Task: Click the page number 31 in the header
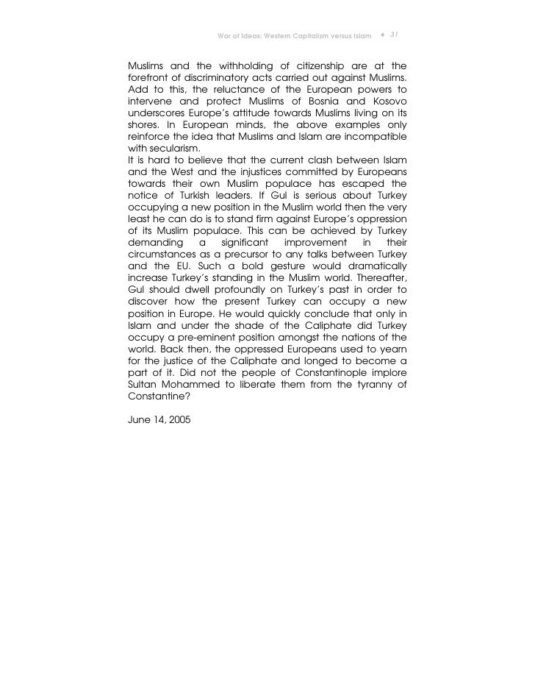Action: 393,35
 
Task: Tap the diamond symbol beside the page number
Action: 383,35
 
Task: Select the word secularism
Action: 159,148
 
